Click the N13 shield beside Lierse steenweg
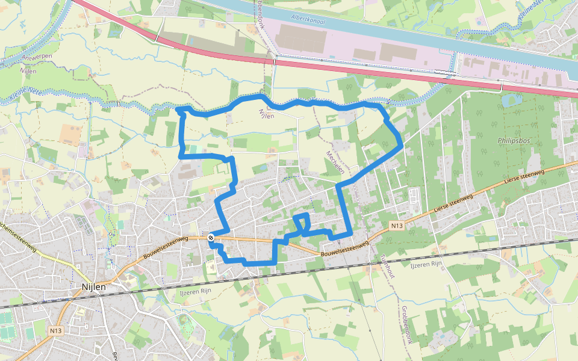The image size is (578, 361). pos(396,226)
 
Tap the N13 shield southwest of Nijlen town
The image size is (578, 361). pos(56,330)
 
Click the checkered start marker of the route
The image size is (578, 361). pos(211,238)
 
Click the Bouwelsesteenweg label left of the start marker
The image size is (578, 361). pos(166,247)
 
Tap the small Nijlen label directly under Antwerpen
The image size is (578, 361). pos(28,71)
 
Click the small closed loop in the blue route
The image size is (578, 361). pos(302,221)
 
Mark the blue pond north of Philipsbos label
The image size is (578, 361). pos(512,100)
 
